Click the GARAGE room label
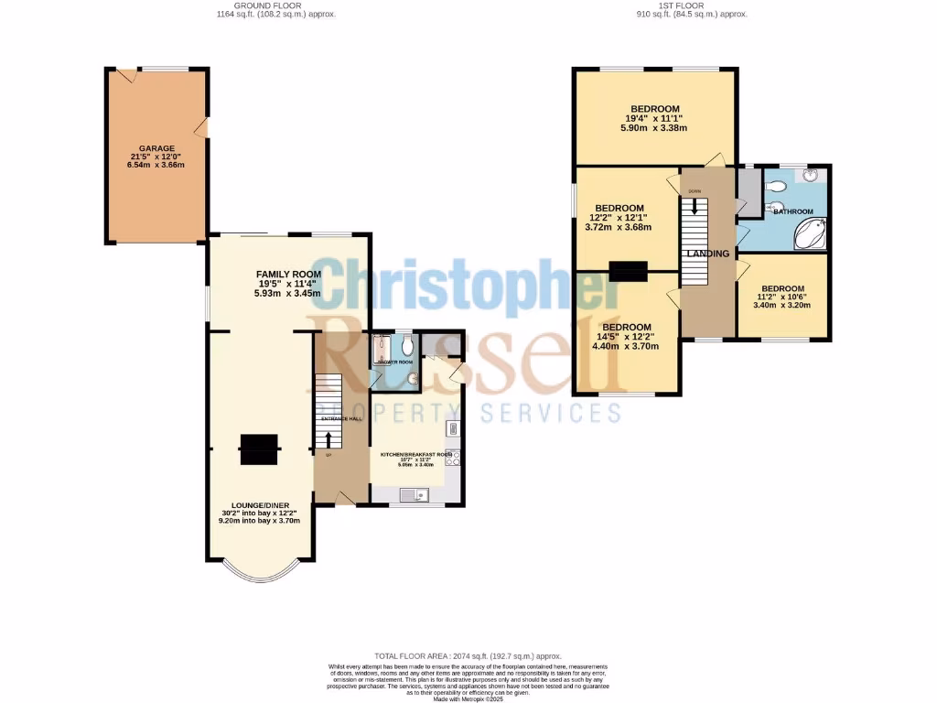click(157, 147)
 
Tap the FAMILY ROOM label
click(288, 274)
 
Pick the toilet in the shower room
click(407, 345)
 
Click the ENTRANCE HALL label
click(341, 418)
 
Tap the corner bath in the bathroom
click(810, 233)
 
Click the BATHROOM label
click(793, 211)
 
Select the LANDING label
click(708, 254)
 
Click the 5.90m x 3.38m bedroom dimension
click(656, 128)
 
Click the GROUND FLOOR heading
click(271, 6)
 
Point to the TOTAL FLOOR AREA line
click(468, 656)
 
